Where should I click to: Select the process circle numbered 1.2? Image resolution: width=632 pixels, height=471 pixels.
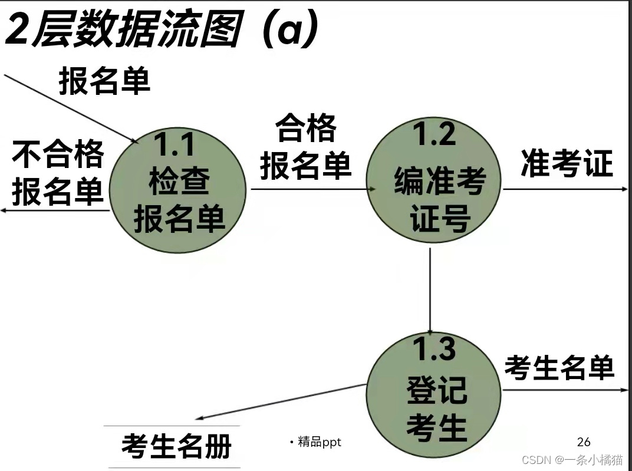[434, 180]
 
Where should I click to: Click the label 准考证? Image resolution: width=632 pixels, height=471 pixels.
[567, 163]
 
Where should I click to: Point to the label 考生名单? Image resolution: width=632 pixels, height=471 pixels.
[559, 368]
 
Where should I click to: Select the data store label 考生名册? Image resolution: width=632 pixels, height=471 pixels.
[176, 446]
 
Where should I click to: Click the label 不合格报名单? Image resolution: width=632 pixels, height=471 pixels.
[58, 173]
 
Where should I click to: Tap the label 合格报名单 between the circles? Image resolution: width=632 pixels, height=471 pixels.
[306, 147]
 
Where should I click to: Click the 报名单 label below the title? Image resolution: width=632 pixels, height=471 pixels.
[104, 81]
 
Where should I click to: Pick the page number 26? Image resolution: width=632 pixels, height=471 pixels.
[584, 442]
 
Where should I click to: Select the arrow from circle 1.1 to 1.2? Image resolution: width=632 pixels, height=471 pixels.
[312, 189]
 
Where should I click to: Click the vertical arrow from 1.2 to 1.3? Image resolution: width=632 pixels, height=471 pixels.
[430, 289]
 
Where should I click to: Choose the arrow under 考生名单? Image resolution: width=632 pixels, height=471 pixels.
[565, 390]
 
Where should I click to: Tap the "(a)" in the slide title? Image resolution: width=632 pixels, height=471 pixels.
[291, 31]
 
